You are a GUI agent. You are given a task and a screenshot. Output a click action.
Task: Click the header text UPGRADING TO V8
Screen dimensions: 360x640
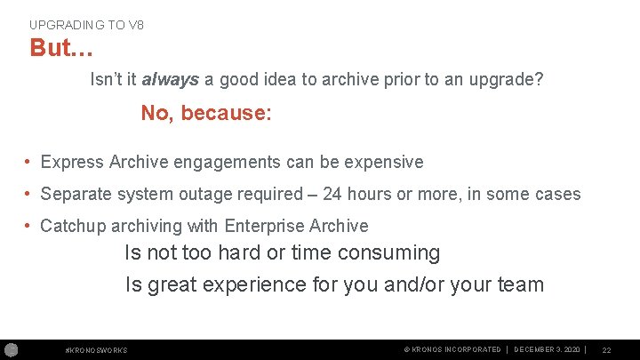[86, 25]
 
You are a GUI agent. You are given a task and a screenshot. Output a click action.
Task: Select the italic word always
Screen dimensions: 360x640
[172, 79]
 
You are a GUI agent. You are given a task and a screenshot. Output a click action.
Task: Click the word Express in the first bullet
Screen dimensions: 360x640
[72, 162]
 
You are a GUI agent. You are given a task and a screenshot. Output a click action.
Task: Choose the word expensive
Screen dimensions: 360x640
[380, 162]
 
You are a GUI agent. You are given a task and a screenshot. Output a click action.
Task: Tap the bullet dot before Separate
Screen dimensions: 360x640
[29, 194]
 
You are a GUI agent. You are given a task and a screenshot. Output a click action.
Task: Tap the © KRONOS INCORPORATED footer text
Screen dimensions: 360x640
[452, 349]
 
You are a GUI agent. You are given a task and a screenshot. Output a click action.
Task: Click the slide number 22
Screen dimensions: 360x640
[606, 350]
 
